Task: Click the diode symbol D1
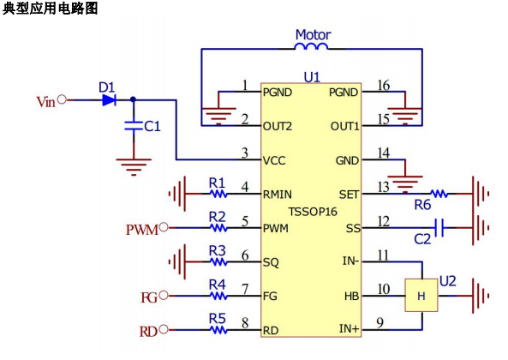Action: coord(109,100)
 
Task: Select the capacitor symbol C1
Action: coord(134,126)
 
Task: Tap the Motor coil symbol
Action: coord(311,46)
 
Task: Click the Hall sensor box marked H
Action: coord(421,296)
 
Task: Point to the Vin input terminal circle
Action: coord(62,99)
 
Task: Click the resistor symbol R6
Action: coord(439,194)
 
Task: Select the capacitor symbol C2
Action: coord(439,228)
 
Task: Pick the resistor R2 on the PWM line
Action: coord(218,228)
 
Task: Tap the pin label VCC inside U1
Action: coord(274,160)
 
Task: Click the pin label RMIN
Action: coord(278,195)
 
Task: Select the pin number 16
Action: coord(383,86)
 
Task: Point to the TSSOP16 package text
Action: coord(313,212)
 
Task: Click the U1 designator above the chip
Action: coord(312,77)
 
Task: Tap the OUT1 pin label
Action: coord(344,126)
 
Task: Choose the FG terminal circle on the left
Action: coord(164,296)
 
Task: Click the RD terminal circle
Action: coord(164,329)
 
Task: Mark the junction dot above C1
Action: coord(133,99)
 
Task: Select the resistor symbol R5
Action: coord(218,330)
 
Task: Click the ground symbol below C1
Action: coord(134,167)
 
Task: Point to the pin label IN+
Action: coord(349,328)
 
